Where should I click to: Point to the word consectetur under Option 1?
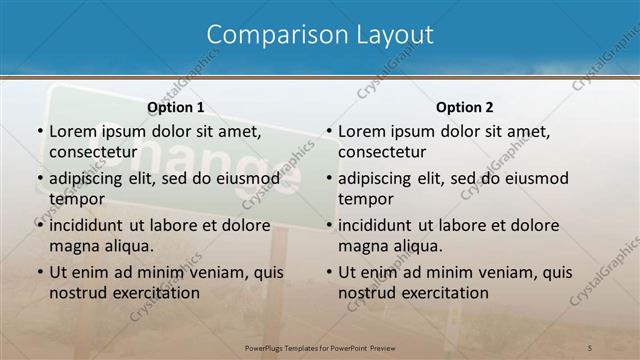point(92,151)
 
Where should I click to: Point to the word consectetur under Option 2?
point(382,151)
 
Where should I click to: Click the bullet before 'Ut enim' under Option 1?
point(39,272)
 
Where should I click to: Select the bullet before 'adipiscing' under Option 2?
point(329,178)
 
